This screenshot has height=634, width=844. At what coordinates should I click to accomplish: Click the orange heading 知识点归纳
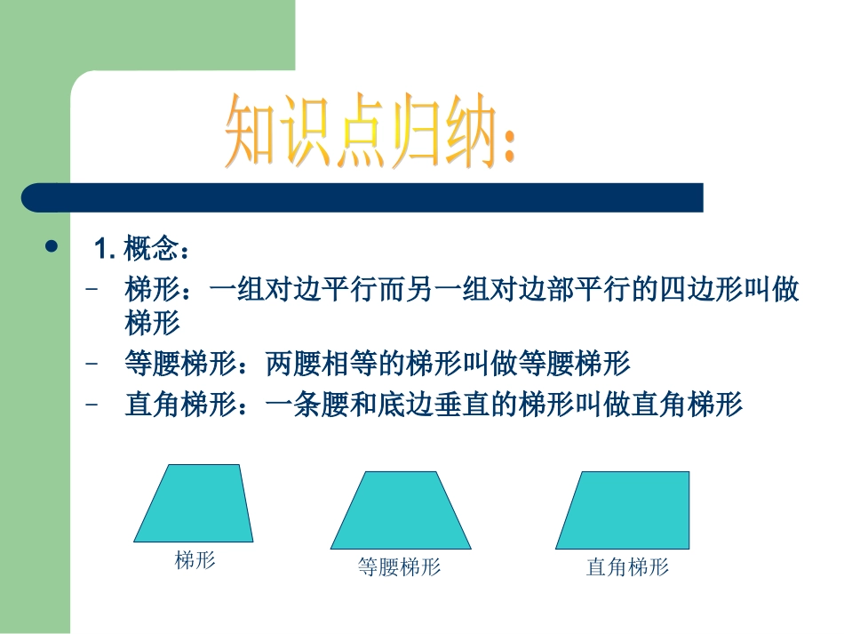pyautogui.click(x=355, y=132)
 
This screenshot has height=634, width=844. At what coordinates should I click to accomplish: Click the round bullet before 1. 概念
pyautogui.click(x=51, y=246)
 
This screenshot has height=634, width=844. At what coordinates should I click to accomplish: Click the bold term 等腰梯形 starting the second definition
pyautogui.click(x=181, y=363)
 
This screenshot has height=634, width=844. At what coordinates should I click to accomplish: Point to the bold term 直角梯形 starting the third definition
pyautogui.click(x=181, y=405)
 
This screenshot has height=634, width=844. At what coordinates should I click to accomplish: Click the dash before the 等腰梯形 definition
pyautogui.click(x=92, y=363)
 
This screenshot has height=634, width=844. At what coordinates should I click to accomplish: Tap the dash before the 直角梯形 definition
pyautogui.click(x=92, y=405)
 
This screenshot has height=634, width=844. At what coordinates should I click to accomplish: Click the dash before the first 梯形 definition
pyautogui.click(x=92, y=290)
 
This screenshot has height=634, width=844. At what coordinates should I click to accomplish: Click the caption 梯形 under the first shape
pyautogui.click(x=195, y=560)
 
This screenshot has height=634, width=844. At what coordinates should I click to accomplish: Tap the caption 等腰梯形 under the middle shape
pyautogui.click(x=400, y=566)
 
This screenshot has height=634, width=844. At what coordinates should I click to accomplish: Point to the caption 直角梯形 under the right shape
pyautogui.click(x=627, y=566)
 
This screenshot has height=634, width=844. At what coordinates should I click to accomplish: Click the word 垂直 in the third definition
pyautogui.click(x=462, y=405)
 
